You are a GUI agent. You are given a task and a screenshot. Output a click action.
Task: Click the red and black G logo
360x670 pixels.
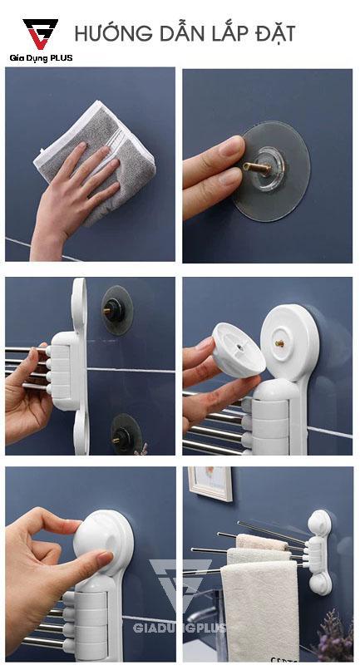(41, 33)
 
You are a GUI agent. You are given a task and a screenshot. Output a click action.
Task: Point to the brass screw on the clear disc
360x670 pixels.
(257, 168)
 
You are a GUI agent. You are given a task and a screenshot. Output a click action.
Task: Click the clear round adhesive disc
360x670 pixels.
(273, 171)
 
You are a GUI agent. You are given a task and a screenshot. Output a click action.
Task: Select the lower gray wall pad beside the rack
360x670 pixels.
(126, 434)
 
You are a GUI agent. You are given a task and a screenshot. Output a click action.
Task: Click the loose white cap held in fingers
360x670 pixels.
(237, 351)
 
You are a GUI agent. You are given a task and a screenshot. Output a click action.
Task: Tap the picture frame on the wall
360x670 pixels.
(211, 483)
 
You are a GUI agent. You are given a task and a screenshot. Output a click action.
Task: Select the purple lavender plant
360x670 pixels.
(334, 637)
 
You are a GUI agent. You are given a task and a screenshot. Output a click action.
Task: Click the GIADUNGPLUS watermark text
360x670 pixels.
(179, 628)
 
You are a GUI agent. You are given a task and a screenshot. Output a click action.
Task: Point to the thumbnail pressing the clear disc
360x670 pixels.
(233, 146)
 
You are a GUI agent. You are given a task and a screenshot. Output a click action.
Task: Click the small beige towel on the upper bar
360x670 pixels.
(261, 542)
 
